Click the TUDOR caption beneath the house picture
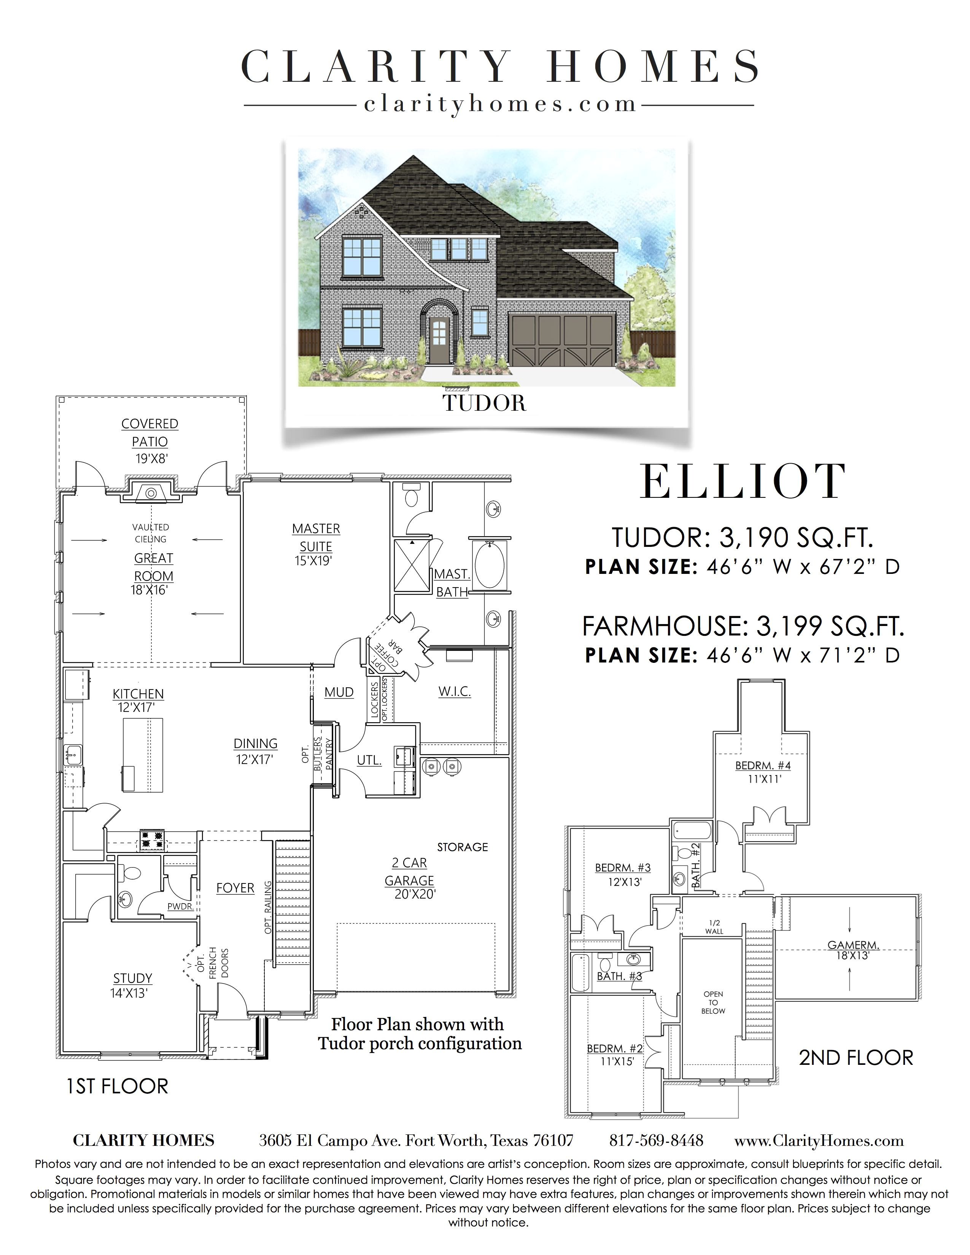pyautogui.click(x=484, y=404)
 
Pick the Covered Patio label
pyautogui.click(x=150, y=432)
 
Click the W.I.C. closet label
pyautogui.click(x=455, y=691)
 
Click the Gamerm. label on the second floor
pyautogui.click(x=853, y=945)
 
